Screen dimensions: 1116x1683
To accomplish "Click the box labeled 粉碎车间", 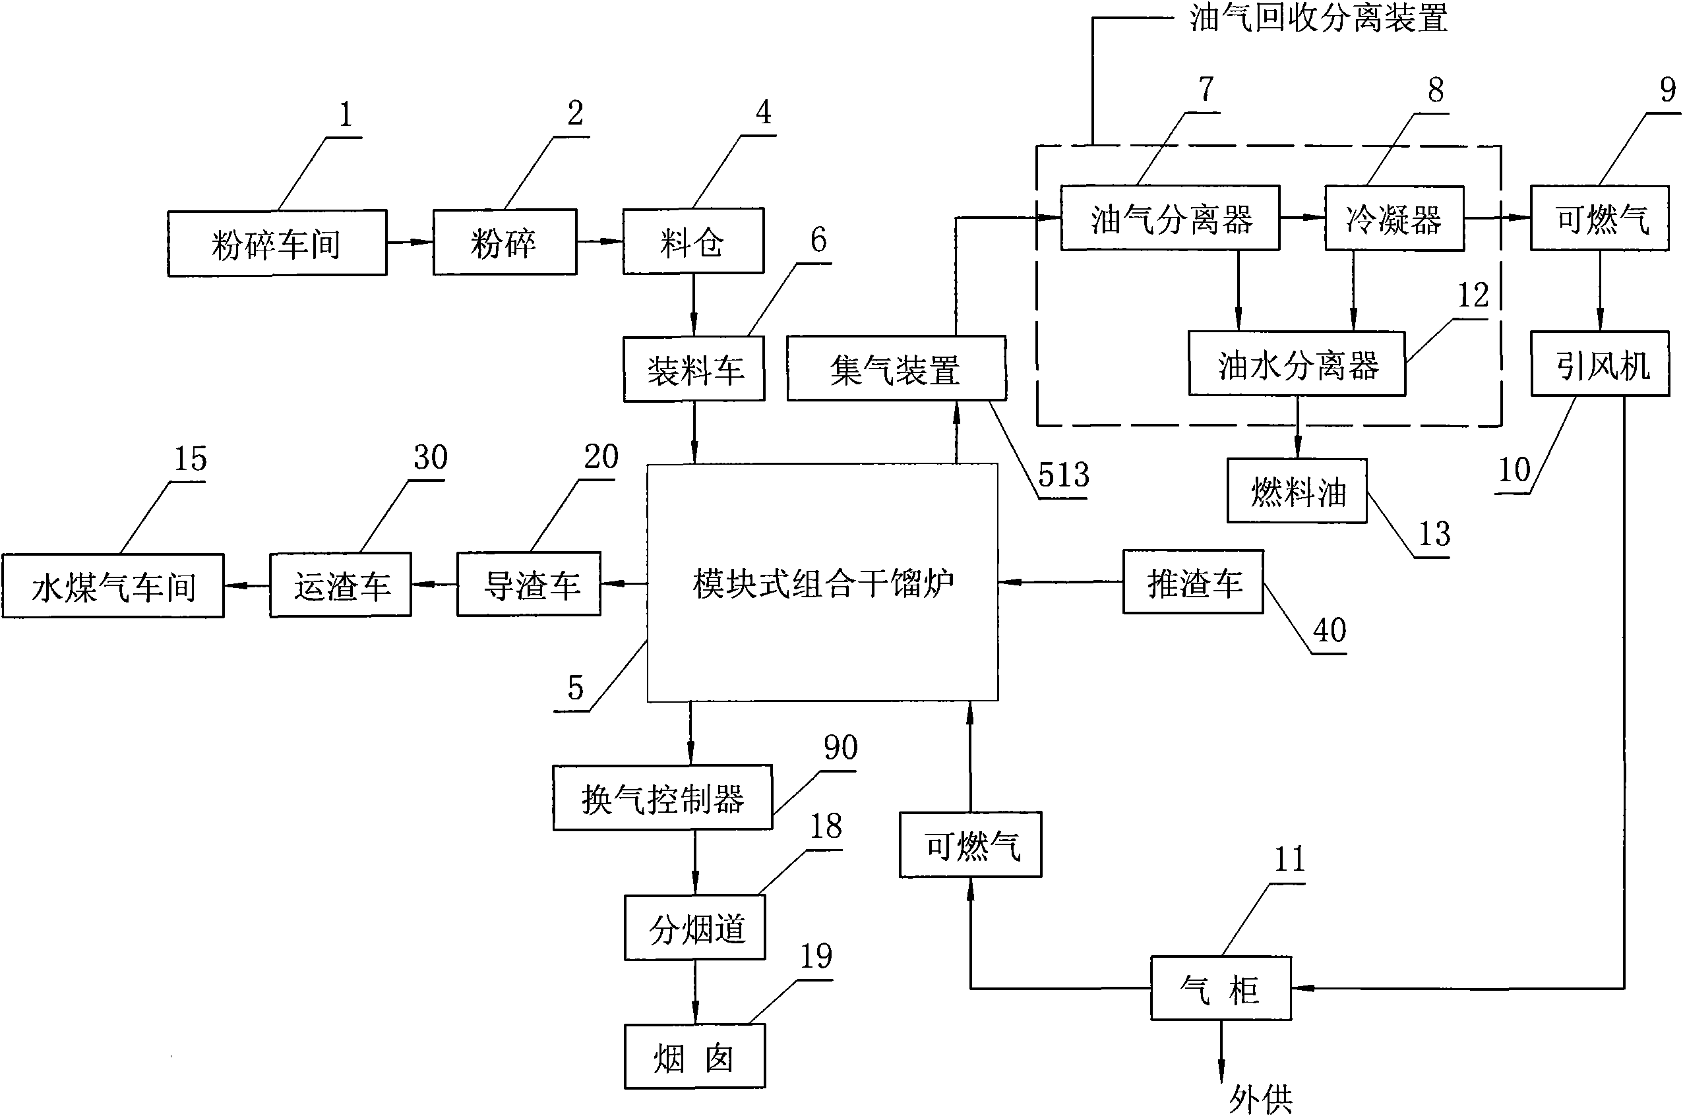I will [277, 243].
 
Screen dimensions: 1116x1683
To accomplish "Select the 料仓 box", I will [692, 242].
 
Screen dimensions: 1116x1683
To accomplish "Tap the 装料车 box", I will [694, 370].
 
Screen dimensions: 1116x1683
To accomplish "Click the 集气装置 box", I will [896, 368].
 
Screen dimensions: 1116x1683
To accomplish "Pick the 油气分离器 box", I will [1170, 218].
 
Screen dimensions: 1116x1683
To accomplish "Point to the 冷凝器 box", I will [1393, 218].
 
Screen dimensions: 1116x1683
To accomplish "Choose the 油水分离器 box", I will [1297, 364].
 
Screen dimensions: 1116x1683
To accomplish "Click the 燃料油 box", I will [1297, 491].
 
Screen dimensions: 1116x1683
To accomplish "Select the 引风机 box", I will [1600, 364].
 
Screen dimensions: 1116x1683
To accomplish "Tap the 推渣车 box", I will [1192, 582].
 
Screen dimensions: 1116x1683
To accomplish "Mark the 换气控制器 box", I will [662, 798].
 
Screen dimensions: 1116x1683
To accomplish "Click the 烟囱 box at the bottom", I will [694, 1057].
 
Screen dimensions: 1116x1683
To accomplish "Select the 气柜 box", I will [1220, 989].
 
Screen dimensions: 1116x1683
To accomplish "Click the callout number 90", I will [840, 748].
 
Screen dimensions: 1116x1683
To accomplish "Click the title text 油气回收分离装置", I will [1318, 18].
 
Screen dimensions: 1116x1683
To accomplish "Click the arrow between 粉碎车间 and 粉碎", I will [410, 243].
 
